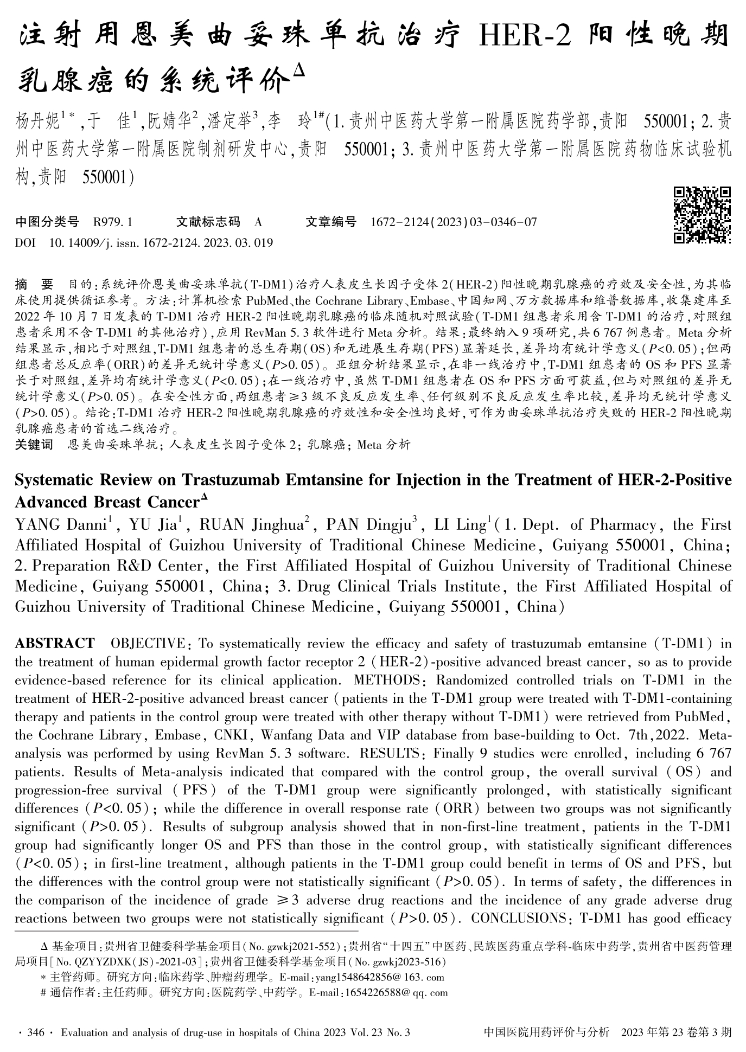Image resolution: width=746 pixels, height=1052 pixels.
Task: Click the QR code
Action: [702, 215]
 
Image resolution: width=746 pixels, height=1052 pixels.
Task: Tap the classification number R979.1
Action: [113, 222]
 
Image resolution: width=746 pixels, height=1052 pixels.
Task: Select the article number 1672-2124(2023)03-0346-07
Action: [454, 222]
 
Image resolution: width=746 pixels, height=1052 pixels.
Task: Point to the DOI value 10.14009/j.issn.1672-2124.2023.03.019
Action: [161, 242]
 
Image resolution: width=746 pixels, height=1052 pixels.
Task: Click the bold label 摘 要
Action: [34, 284]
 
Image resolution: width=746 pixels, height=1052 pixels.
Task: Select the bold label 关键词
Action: [34, 445]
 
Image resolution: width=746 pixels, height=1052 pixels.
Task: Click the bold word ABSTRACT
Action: [54, 644]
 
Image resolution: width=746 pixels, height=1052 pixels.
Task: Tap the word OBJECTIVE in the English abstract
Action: [148, 644]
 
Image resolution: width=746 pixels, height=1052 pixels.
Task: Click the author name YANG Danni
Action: [60, 525]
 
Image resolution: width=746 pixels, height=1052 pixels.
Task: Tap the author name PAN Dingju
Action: [368, 525]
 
